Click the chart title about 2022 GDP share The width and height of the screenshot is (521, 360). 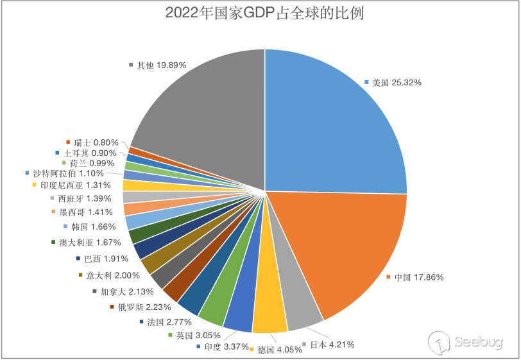264,13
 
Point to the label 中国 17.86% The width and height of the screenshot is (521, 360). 418,278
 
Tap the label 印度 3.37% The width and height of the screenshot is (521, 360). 222,347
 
